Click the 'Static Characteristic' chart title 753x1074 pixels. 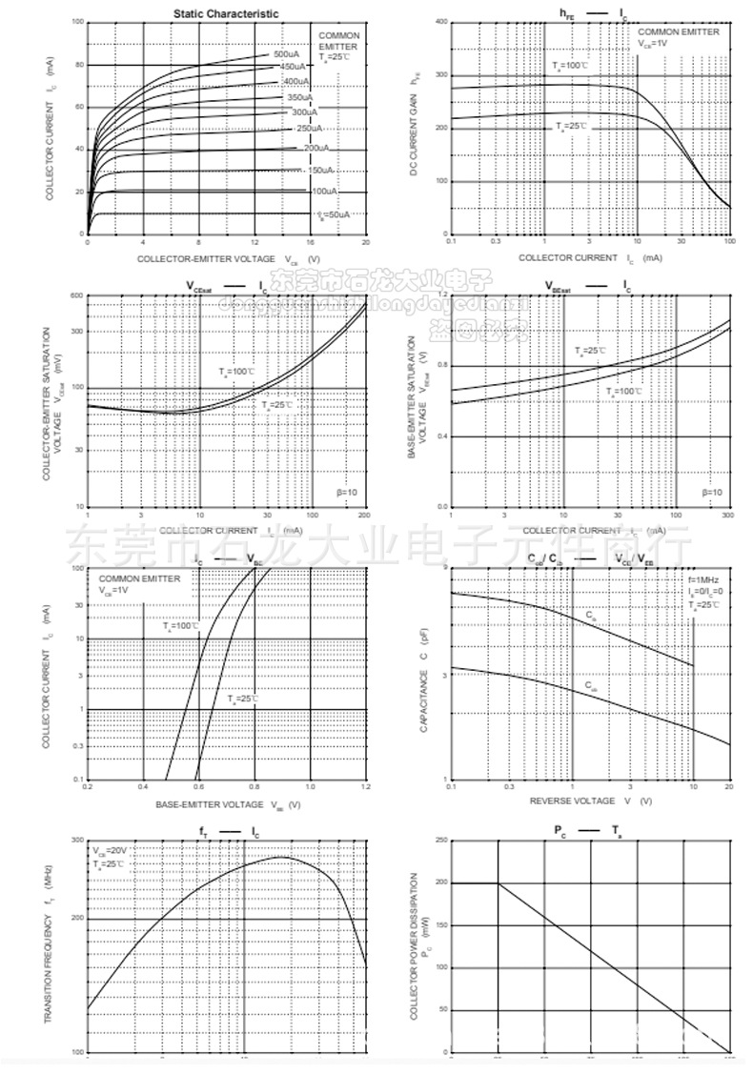pyautogui.click(x=226, y=13)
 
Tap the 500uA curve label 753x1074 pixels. pyautogui.click(x=286, y=54)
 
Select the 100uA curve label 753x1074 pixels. pyautogui.click(x=322, y=192)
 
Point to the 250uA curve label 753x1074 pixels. pyautogui.click(x=309, y=128)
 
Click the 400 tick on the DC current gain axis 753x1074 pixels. pyautogui.click(x=442, y=22)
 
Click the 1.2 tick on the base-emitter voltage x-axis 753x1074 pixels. pyautogui.click(x=366, y=788)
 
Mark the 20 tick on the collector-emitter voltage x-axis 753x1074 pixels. pyautogui.click(x=366, y=242)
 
